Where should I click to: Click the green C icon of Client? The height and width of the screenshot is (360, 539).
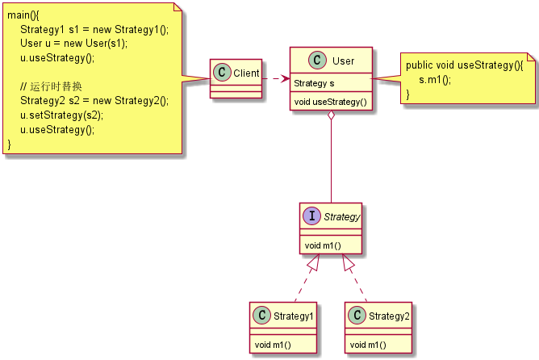pyautogui.click(x=220, y=73)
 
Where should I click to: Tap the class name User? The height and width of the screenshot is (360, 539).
pyautogui.click(x=343, y=61)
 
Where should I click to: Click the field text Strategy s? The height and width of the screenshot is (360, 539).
pyautogui.click(x=314, y=83)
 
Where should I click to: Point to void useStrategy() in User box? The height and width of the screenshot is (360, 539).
pyautogui.click(x=330, y=102)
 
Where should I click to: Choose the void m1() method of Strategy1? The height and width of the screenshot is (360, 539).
pyautogui.click(x=273, y=345)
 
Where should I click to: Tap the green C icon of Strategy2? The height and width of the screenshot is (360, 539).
pyautogui.click(x=358, y=316)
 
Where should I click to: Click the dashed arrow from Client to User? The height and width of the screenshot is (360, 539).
pyautogui.click(x=277, y=78)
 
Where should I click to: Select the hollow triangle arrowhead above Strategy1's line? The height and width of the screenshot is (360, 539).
pyautogui.click(x=315, y=262)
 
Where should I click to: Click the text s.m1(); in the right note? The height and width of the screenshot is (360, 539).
pyautogui.click(x=435, y=80)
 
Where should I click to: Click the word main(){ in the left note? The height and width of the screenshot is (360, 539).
pyautogui.click(x=23, y=15)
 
